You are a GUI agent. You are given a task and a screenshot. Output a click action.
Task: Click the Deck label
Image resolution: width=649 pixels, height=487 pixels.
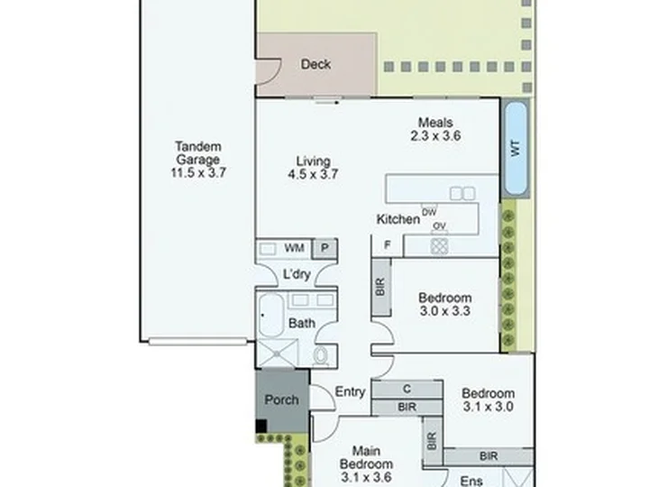pyautogui.click(x=315, y=64)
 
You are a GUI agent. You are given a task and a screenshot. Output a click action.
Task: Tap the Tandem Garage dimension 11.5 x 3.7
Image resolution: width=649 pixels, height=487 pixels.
pyautogui.click(x=198, y=172)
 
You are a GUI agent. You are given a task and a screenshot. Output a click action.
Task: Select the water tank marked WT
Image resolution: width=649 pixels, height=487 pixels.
pyautogui.click(x=516, y=148)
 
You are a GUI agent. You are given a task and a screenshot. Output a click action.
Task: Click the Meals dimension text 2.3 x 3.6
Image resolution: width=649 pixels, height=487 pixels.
pyautogui.click(x=435, y=136)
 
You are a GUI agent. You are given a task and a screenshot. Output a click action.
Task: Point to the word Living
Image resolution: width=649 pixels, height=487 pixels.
pyautogui.click(x=314, y=161)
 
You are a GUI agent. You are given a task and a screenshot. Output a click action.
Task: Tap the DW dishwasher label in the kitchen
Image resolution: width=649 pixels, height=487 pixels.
pyautogui.click(x=429, y=212)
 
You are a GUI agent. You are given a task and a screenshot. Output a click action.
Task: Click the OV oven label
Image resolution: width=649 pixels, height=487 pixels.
pyautogui.click(x=439, y=226)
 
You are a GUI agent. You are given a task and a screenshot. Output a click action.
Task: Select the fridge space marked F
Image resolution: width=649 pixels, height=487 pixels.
pyautogui.click(x=388, y=245)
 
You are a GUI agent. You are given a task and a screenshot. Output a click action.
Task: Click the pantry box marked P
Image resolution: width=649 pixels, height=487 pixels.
pyautogui.click(x=324, y=248)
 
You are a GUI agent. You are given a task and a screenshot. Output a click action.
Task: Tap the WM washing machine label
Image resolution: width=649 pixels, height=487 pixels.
pyautogui.click(x=294, y=248)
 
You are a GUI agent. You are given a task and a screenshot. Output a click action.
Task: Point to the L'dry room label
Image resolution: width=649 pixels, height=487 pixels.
pyautogui.click(x=297, y=274)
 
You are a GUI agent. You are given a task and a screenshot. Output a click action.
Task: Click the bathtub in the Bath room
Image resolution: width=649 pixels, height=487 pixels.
pyautogui.click(x=271, y=315)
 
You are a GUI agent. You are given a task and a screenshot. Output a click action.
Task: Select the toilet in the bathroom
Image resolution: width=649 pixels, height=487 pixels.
pyautogui.click(x=320, y=355)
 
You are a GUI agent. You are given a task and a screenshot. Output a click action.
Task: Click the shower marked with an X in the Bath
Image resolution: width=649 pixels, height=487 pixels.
pyautogui.click(x=277, y=354)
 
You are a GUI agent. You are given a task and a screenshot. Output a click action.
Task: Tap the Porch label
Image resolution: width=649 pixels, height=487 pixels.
pyautogui.click(x=281, y=400)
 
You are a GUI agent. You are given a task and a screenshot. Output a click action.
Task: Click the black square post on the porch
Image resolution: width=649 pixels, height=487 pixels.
pyautogui.click(x=261, y=426)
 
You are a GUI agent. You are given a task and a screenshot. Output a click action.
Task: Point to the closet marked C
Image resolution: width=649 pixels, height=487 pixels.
pyautogui.click(x=407, y=389)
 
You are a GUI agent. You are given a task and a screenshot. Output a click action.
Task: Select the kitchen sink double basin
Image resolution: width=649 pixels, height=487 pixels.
pyautogui.click(x=462, y=193)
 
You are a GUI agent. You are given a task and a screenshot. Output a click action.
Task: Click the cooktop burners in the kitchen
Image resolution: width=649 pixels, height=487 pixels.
pyautogui.click(x=439, y=246)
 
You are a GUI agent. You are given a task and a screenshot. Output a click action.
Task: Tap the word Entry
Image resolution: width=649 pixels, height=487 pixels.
pyautogui.click(x=350, y=391)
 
